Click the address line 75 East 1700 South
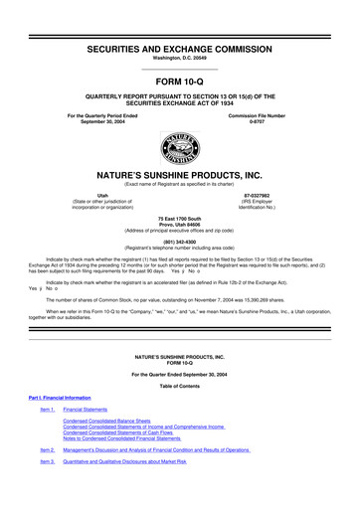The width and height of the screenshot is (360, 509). click(180, 245)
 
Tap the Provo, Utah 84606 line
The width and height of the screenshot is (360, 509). click(180, 252)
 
